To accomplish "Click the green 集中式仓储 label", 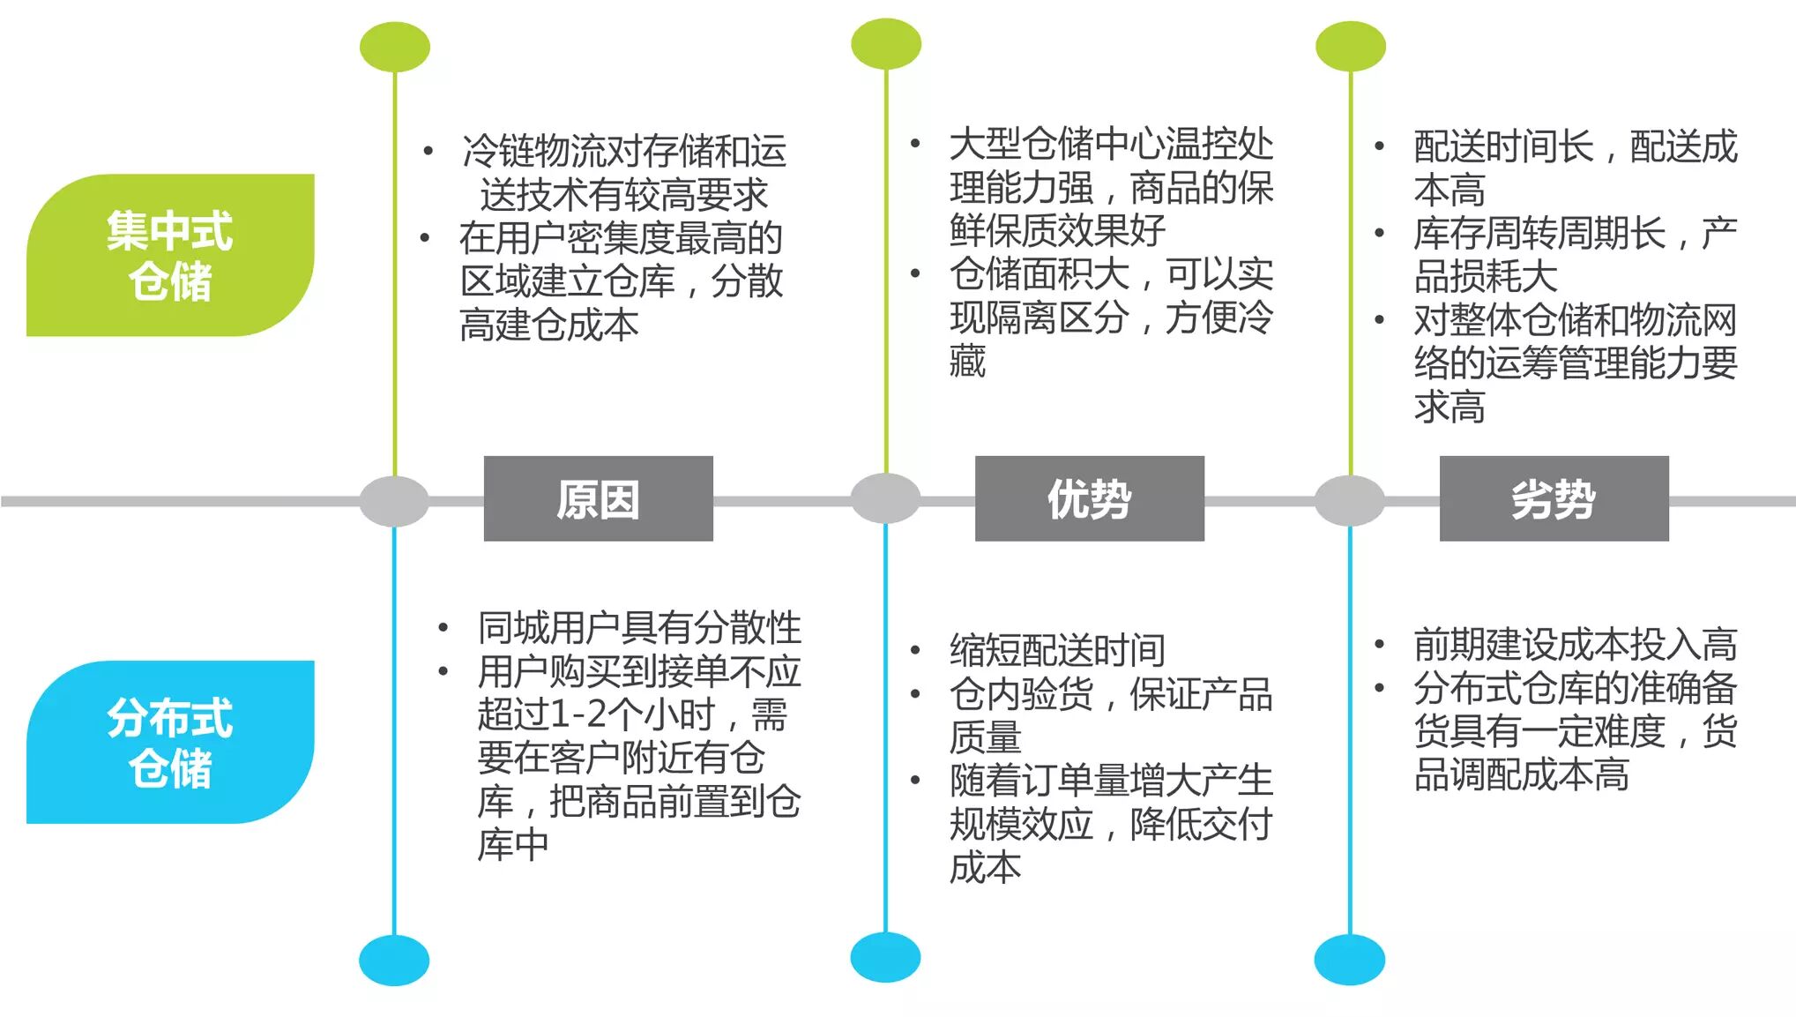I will pyautogui.click(x=170, y=255).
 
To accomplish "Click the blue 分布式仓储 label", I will pyautogui.click(x=170, y=742).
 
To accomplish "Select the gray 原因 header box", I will pyautogui.click(x=598, y=498).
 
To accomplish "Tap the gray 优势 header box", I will pyautogui.click(x=1089, y=498).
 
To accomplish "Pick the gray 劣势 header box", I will pyautogui.click(x=1554, y=498).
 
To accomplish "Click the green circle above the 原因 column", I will pyautogui.click(x=395, y=47).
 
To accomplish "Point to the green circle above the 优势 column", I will pyautogui.click(x=886, y=44).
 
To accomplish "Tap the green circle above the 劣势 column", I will pyautogui.click(x=1350, y=46).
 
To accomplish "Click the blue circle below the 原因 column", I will pyautogui.click(x=394, y=961).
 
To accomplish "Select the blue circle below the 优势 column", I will pyautogui.click(x=885, y=958).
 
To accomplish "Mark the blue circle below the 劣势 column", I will pyautogui.click(x=1349, y=960).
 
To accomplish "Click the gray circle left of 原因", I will pyautogui.click(x=394, y=501).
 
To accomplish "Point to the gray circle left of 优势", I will pyautogui.click(x=885, y=498).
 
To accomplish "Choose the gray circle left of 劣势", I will pyautogui.click(x=1349, y=500).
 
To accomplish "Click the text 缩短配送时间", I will pyautogui.click(x=1057, y=651).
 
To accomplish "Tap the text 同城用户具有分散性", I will pyautogui.click(x=639, y=628).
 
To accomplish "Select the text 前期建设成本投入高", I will pyautogui.click(x=1575, y=645).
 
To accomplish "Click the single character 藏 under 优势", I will pyautogui.click(x=967, y=361).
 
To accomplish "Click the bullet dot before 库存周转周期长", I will pyautogui.click(x=1379, y=233).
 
